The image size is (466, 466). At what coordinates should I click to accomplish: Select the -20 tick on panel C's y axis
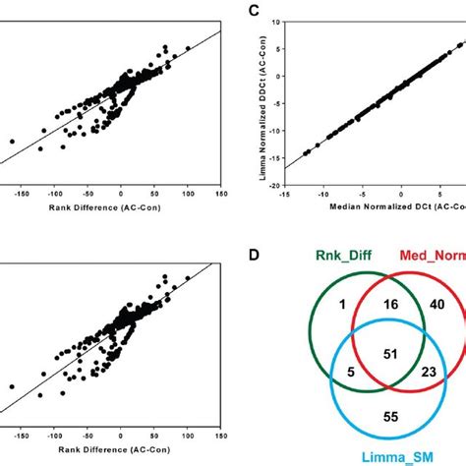(277, 184)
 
